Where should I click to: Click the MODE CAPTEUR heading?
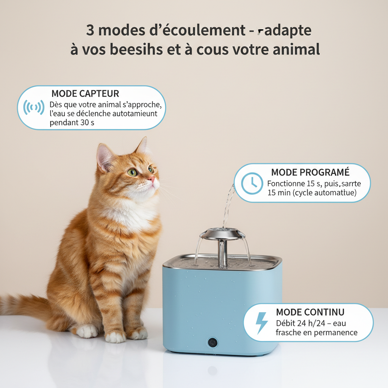click(85, 94)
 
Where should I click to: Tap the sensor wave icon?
click(33, 107)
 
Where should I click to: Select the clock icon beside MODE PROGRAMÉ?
click(252, 183)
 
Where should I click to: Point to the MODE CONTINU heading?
click(310, 312)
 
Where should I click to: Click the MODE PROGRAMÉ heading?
click(310, 172)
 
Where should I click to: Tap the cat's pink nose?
click(152, 179)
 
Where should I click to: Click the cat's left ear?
click(104, 155)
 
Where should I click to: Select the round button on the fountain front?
click(212, 342)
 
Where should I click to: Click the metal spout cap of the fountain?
click(222, 233)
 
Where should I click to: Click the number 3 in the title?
click(90, 30)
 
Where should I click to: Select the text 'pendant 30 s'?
click(72, 123)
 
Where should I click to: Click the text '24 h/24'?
click(307, 324)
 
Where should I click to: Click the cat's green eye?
click(133, 172)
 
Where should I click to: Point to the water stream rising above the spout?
click(228, 205)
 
